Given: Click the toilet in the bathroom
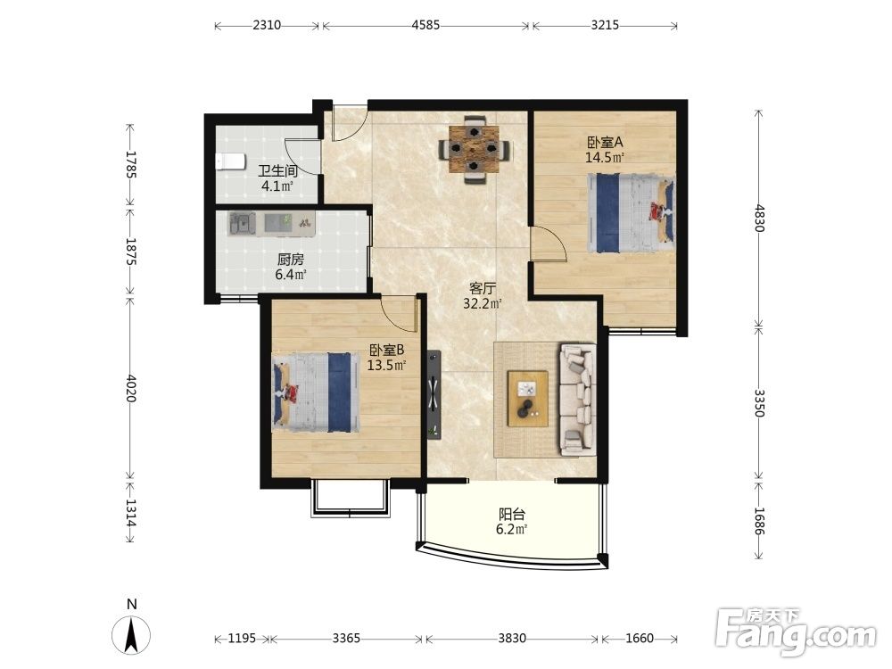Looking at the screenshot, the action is click(230, 161).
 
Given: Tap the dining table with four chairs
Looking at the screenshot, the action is click(474, 150).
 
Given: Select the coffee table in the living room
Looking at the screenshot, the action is click(528, 398).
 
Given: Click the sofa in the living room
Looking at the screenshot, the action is click(577, 399).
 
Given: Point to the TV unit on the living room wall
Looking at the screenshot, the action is click(434, 394).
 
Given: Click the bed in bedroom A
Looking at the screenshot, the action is click(631, 213).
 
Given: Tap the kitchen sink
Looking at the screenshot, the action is click(243, 224).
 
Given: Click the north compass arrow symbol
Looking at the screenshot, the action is click(132, 635).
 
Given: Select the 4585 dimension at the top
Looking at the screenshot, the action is click(425, 26).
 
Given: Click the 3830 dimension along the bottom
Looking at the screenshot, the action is click(512, 639).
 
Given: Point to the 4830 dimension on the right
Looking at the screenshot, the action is click(758, 218).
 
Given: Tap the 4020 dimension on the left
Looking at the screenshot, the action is click(130, 388).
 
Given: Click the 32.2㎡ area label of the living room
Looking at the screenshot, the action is click(482, 304).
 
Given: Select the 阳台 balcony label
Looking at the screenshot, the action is click(511, 515).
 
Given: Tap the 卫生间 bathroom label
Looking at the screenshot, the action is click(277, 170).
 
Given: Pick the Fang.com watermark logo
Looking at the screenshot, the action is click(796, 632).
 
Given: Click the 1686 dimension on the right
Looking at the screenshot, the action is click(758, 521).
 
